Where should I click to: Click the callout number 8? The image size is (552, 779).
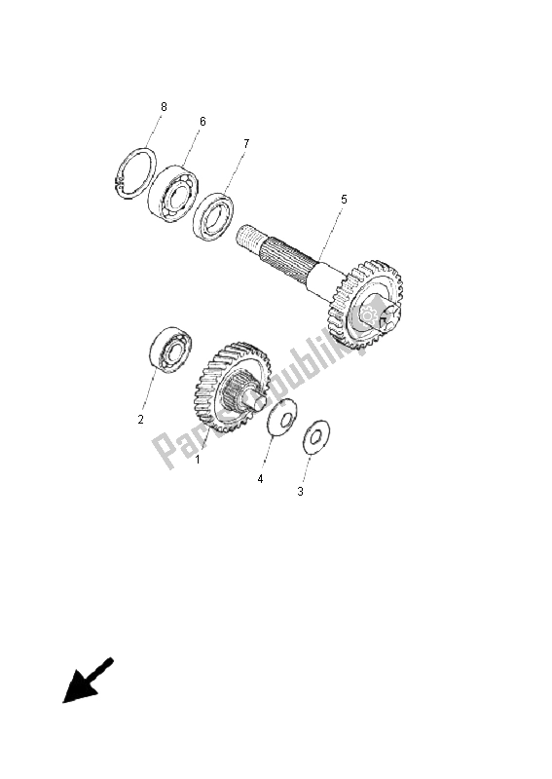(x=164, y=105)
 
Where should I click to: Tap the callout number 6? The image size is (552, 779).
(x=202, y=121)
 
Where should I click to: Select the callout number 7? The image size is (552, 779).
(x=245, y=143)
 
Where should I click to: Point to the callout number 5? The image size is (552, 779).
(x=343, y=199)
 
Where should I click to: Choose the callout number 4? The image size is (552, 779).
(x=260, y=479)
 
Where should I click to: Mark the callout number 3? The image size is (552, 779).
(x=300, y=492)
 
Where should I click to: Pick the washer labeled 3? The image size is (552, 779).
(x=313, y=437)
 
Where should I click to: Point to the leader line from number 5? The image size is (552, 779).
(x=331, y=234)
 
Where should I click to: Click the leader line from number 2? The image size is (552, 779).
(x=150, y=390)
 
